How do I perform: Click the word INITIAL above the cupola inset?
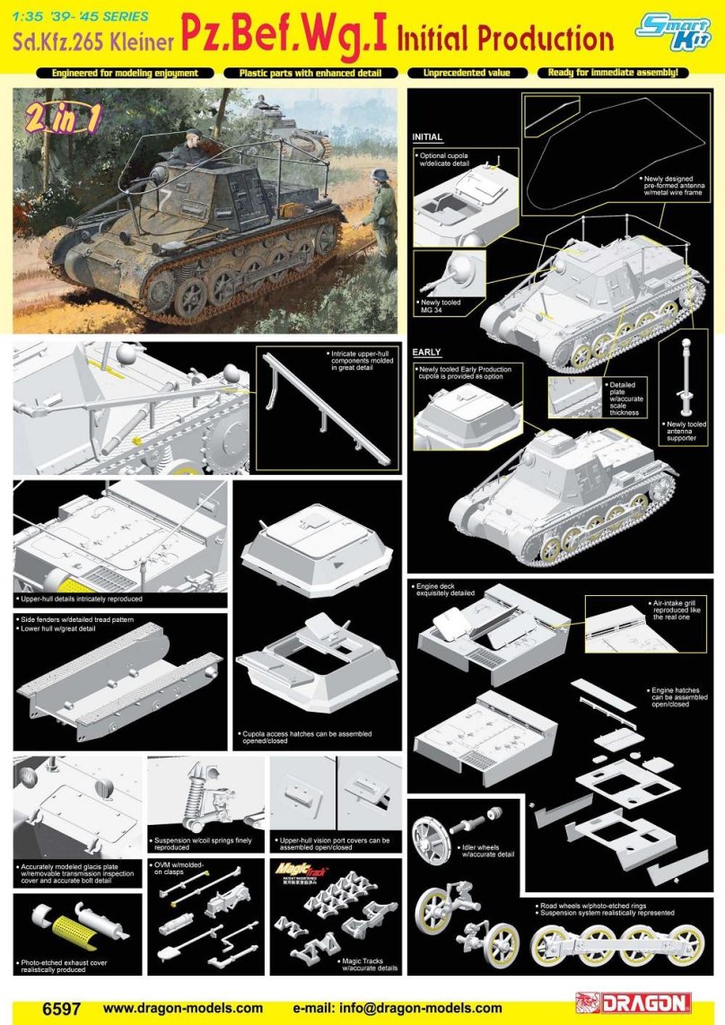tap(427, 137)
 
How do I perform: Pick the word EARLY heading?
tap(427, 352)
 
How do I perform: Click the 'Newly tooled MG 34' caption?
tap(440, 306)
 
